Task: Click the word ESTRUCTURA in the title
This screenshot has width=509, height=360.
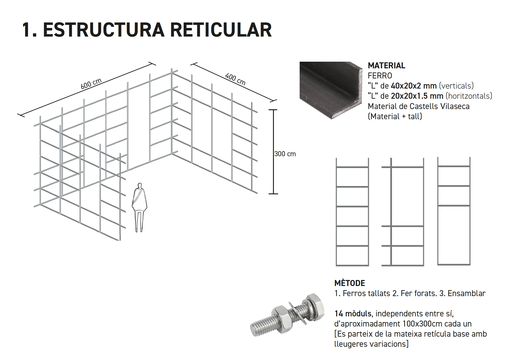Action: click(x=104, y=30)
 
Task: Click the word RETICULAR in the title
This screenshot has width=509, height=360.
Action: click(x=221, y=30)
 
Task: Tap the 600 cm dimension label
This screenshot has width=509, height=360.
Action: click(x=91, y=84)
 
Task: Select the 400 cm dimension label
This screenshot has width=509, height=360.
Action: click(x=235, y=79)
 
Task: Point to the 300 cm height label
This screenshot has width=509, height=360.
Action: click(x=285, y=154)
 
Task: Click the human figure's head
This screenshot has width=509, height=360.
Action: click(x=140, y=186)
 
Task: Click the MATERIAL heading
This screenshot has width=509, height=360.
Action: click(x=386, y=65)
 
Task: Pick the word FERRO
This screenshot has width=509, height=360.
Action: click(x=380, y=76)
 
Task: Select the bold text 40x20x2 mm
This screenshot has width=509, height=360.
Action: click(x=414, y=86)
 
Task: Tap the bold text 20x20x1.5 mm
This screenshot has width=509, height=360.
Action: click(x=417, y=96)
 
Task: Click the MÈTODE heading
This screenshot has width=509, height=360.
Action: click(x=349, y=283)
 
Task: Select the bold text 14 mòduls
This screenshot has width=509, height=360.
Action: click(x=353, y=314)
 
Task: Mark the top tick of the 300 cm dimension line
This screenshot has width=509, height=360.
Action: click(x=273, y=110)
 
